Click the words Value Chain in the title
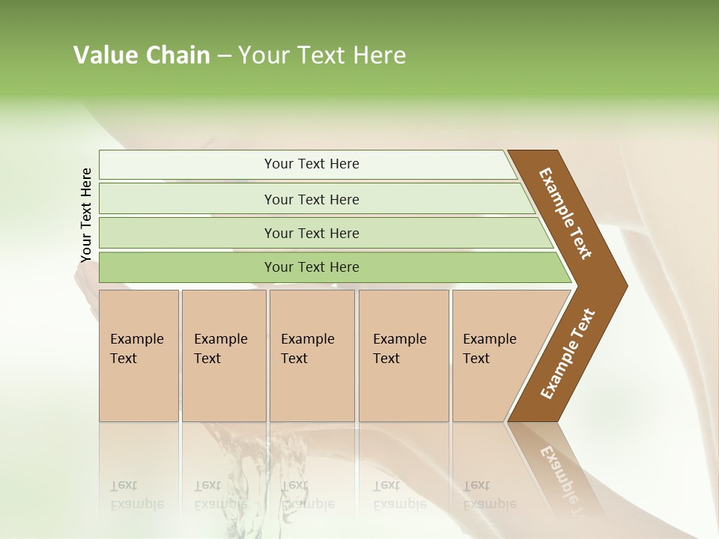tap(142, 55)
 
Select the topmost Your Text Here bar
tap(312, 164)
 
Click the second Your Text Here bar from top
tap(312, 199)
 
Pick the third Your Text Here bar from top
tap(312, 233)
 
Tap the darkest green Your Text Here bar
tap(312, 267)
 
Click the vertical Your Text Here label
tap(86, 215)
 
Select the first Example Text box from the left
tap(139, 355)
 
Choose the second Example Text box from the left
tap(224, 355)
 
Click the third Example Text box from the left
tap(312, 355)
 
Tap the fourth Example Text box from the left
tap(404, 355)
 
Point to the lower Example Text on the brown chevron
tap(567, 354)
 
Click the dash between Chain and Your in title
tap(224, 56)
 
